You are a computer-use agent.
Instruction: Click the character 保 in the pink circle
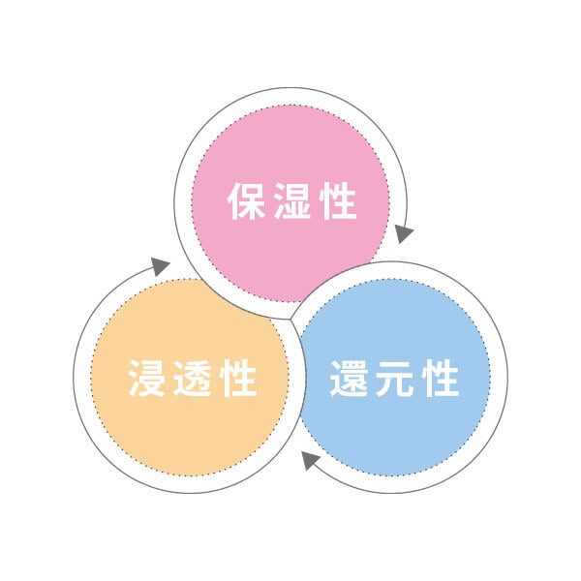[246, 200]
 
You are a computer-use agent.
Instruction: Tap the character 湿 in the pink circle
[292, 200]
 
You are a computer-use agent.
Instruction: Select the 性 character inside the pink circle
[338, 200]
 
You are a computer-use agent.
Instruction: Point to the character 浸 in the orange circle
[147, 378]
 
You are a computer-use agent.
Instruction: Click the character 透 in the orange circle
[193, 378]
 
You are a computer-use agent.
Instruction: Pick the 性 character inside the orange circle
[238, 378]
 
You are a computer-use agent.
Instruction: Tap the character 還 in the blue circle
[349, 378]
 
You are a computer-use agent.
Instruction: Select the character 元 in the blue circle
[395, 378]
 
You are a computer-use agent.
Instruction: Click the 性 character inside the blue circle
[441, 378]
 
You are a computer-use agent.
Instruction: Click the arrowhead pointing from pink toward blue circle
[403, 233]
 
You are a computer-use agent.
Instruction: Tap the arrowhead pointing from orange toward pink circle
[160, 265]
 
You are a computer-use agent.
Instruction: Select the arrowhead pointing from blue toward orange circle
[310, 460]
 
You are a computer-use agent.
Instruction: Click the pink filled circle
[290, 203]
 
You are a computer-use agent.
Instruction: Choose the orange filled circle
[190, 378]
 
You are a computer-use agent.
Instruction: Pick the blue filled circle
[393, 378]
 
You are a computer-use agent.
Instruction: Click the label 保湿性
[292, 200]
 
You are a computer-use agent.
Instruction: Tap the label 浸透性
[193, 378]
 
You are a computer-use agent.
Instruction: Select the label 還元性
[395, 378]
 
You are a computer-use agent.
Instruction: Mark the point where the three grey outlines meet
[290, 319]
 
